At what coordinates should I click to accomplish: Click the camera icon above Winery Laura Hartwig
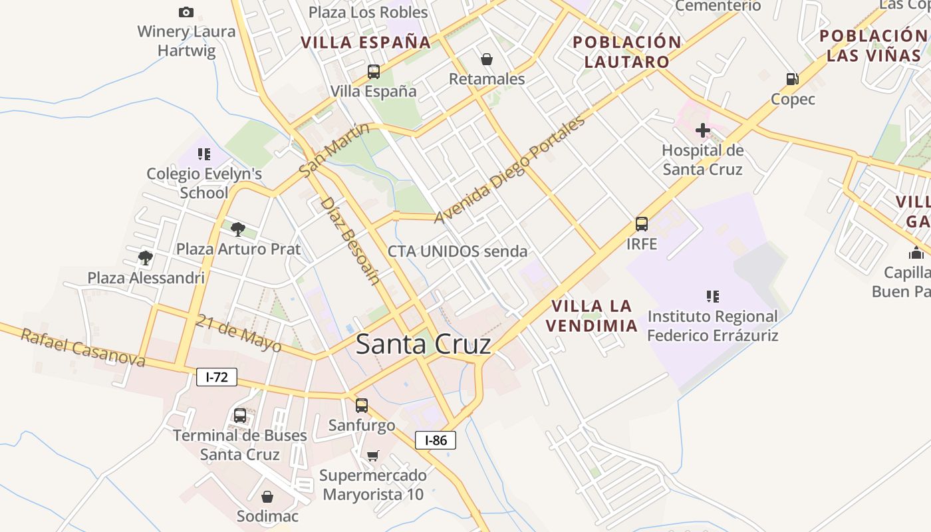[186, 12]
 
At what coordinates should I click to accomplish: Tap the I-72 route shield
[217, 377]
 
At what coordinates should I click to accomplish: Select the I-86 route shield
[436, 440]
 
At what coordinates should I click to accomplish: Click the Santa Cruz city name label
[424, 344]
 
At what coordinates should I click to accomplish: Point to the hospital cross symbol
[702, 130]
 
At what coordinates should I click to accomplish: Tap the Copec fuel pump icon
[792, 79]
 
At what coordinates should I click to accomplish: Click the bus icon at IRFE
[642, 224]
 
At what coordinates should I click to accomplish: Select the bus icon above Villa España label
[374, 71]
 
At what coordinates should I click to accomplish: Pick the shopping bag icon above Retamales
[487, 59]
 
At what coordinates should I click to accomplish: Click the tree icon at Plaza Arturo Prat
[237, 229]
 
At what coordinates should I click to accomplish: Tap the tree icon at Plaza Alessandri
[146, 257]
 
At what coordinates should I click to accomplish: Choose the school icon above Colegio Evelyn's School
[203, 154]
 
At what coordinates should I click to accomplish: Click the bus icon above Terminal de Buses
[240, 416]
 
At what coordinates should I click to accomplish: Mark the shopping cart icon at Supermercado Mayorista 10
[372, 456]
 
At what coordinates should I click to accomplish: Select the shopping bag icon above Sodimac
[267, 497]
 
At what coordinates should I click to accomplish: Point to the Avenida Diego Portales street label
[509, 169]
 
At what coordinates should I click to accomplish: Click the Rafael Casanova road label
[83, 347]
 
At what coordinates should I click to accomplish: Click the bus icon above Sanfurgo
[362, 405]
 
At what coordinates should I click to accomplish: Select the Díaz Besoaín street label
[350, 240]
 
